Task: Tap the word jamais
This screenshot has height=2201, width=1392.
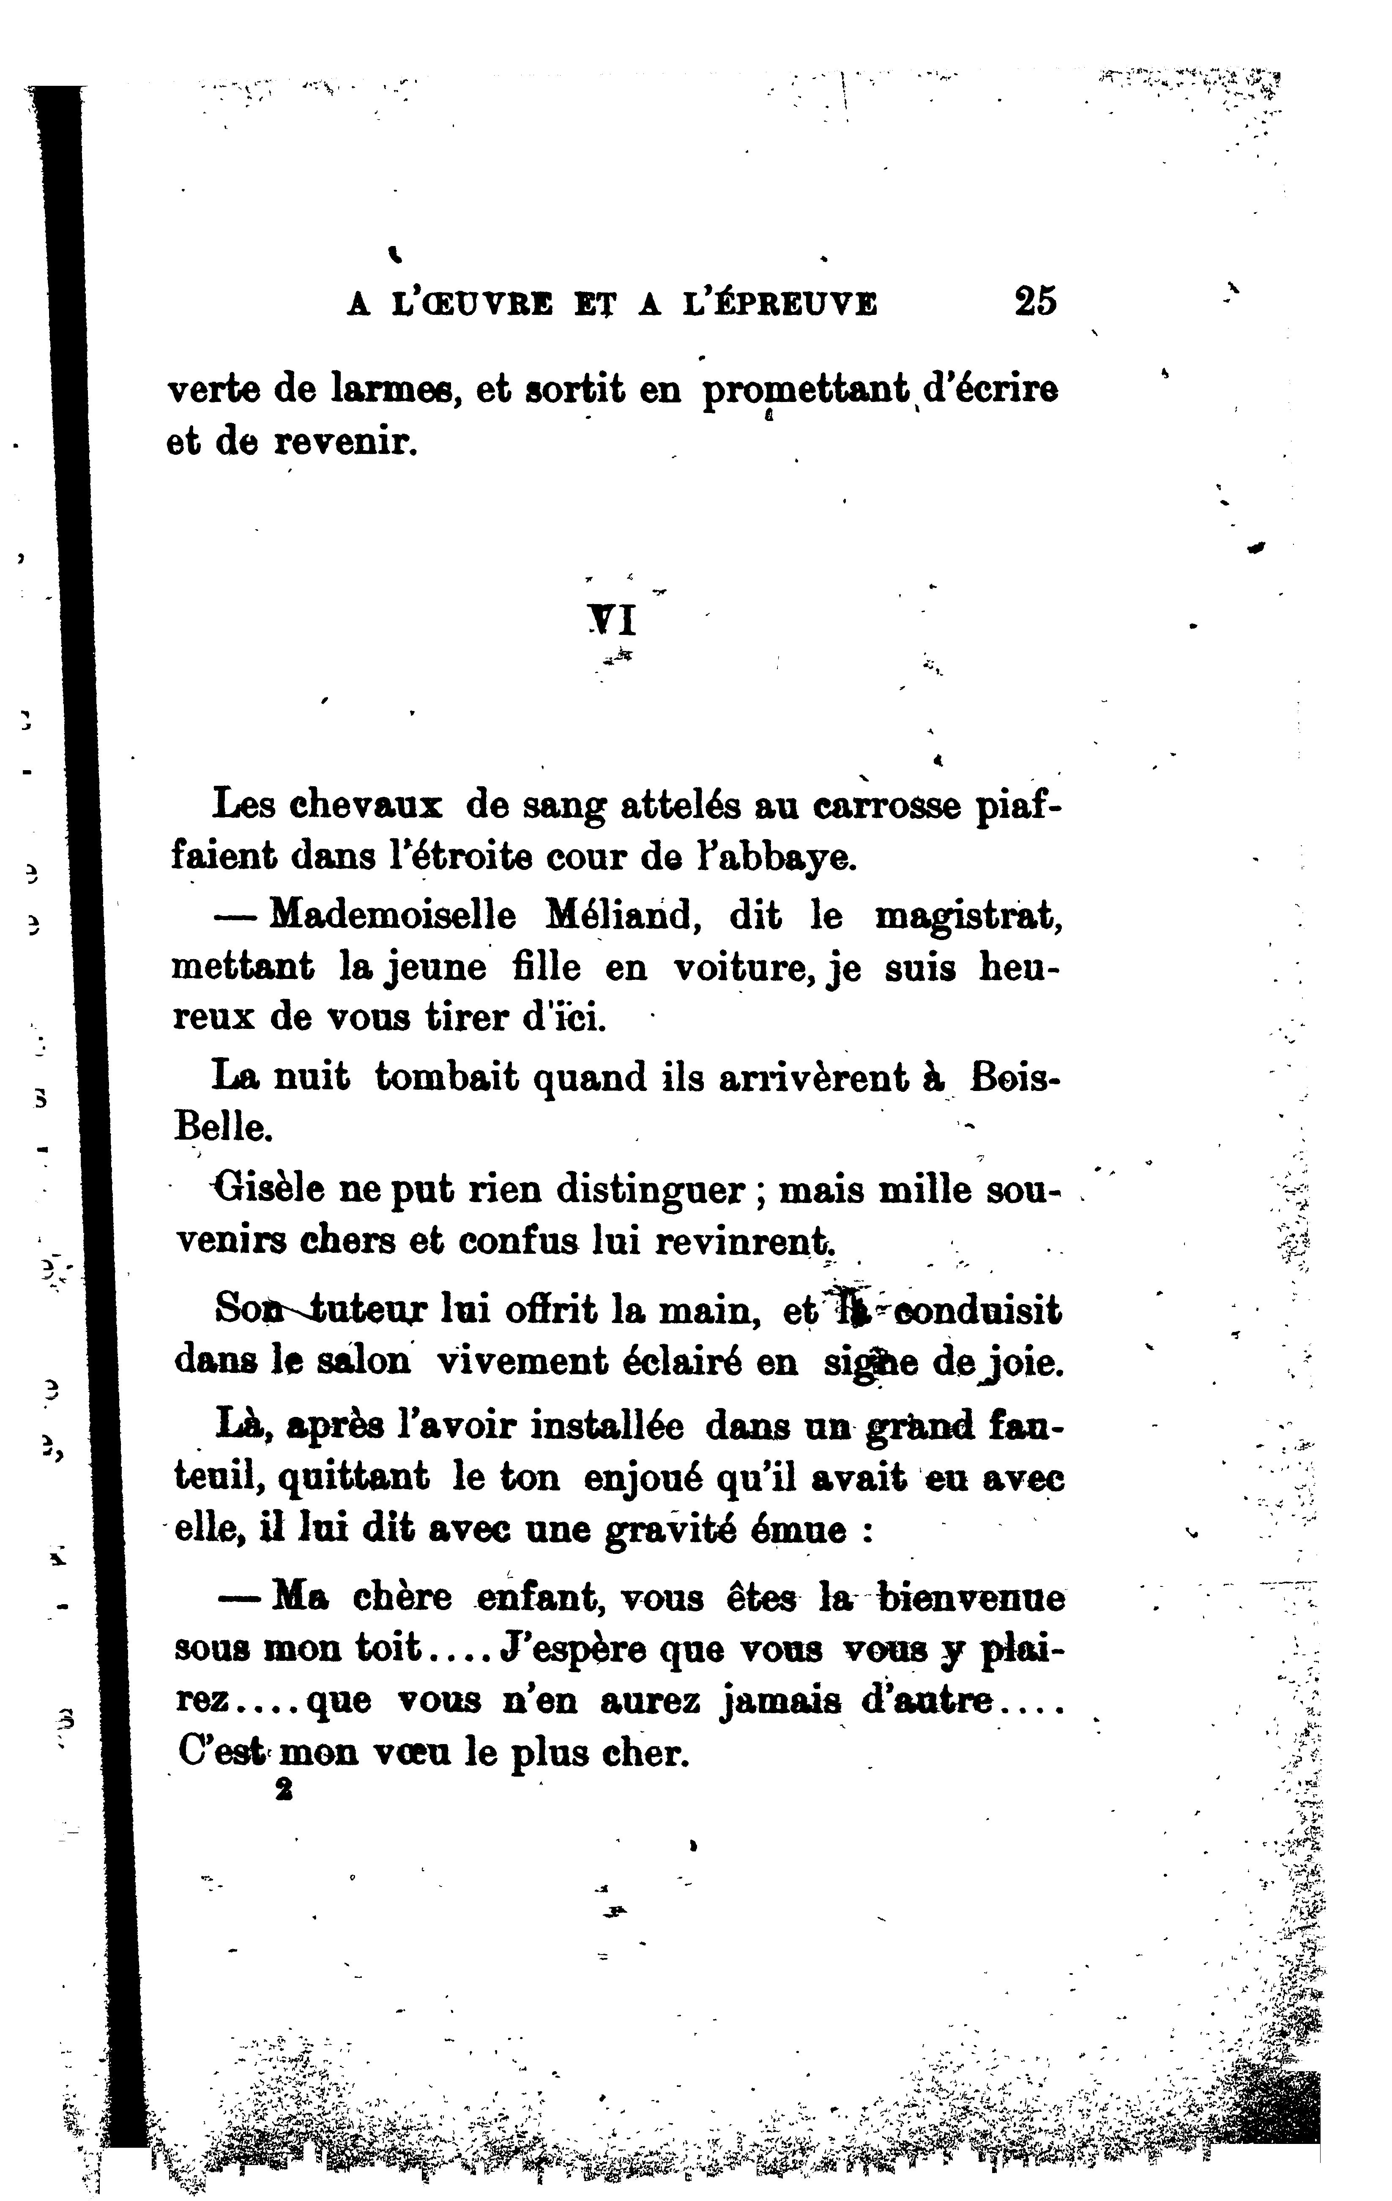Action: pyautogui.click(x=779, y=1702)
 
